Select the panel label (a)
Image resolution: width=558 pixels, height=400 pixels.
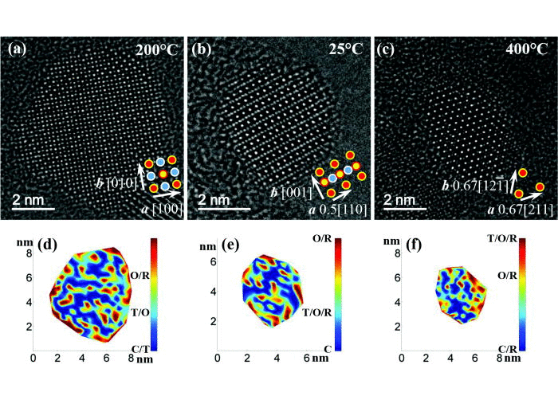[x=18, y=49]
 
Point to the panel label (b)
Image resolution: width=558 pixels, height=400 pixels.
[x=202, y=49]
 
